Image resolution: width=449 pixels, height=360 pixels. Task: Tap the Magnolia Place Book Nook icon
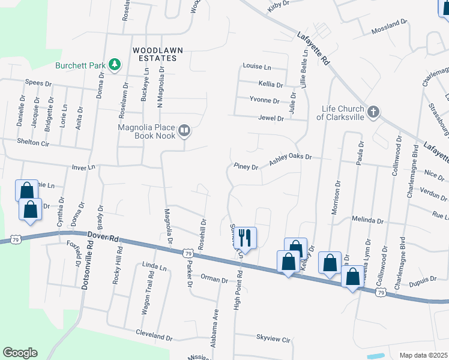click(185, 130)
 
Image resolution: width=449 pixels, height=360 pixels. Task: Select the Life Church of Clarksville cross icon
click(373, 112)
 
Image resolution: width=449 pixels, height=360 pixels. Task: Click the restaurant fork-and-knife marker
click(247, 237)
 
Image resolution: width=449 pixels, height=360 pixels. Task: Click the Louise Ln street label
click(256, 66)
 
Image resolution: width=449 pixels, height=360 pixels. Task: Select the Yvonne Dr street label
click(264, 101)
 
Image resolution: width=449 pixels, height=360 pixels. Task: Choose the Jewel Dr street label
click(270, 118)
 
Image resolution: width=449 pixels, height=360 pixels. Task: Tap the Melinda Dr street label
click(367, 220)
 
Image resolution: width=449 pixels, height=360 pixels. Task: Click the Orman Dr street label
click(214, 279)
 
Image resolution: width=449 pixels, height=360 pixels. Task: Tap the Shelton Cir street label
click(33, 143)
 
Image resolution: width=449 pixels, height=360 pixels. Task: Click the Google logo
click(20, 353)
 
